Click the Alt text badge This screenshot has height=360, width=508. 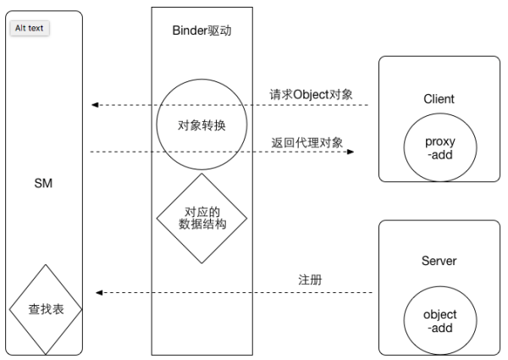point(30,28)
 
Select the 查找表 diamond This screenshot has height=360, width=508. point(46,310)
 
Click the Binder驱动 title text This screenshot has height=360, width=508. point(202,31)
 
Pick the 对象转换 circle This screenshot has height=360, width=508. point(202,125)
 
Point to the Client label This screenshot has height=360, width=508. point(439,99)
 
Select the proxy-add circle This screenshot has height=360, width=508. point(439,147)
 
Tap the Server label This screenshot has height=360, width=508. point(439,261)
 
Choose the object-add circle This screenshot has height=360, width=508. point(439,320)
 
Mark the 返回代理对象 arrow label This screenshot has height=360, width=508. point(307,142)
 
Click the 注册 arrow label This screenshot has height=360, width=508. point(309,279)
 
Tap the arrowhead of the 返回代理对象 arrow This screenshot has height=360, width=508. point(349,152)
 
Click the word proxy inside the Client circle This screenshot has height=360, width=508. point(439,141)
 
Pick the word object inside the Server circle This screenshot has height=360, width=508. point(439,314)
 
